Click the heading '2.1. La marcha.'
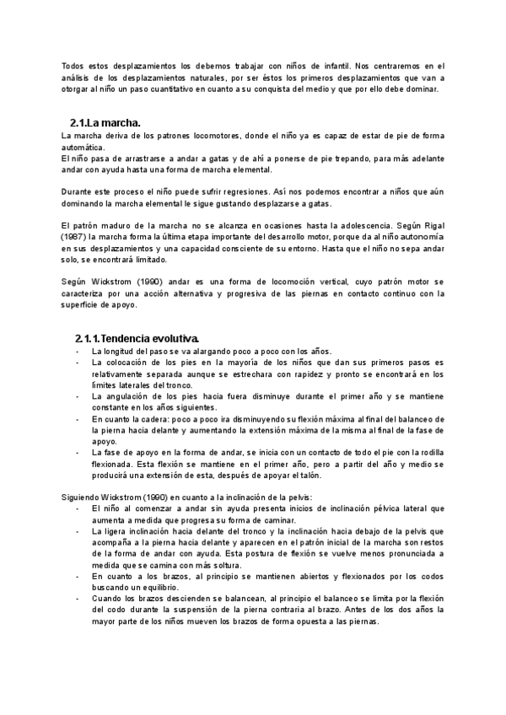105,121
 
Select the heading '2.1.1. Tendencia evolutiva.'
137,338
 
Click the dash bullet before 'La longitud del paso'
78,351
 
